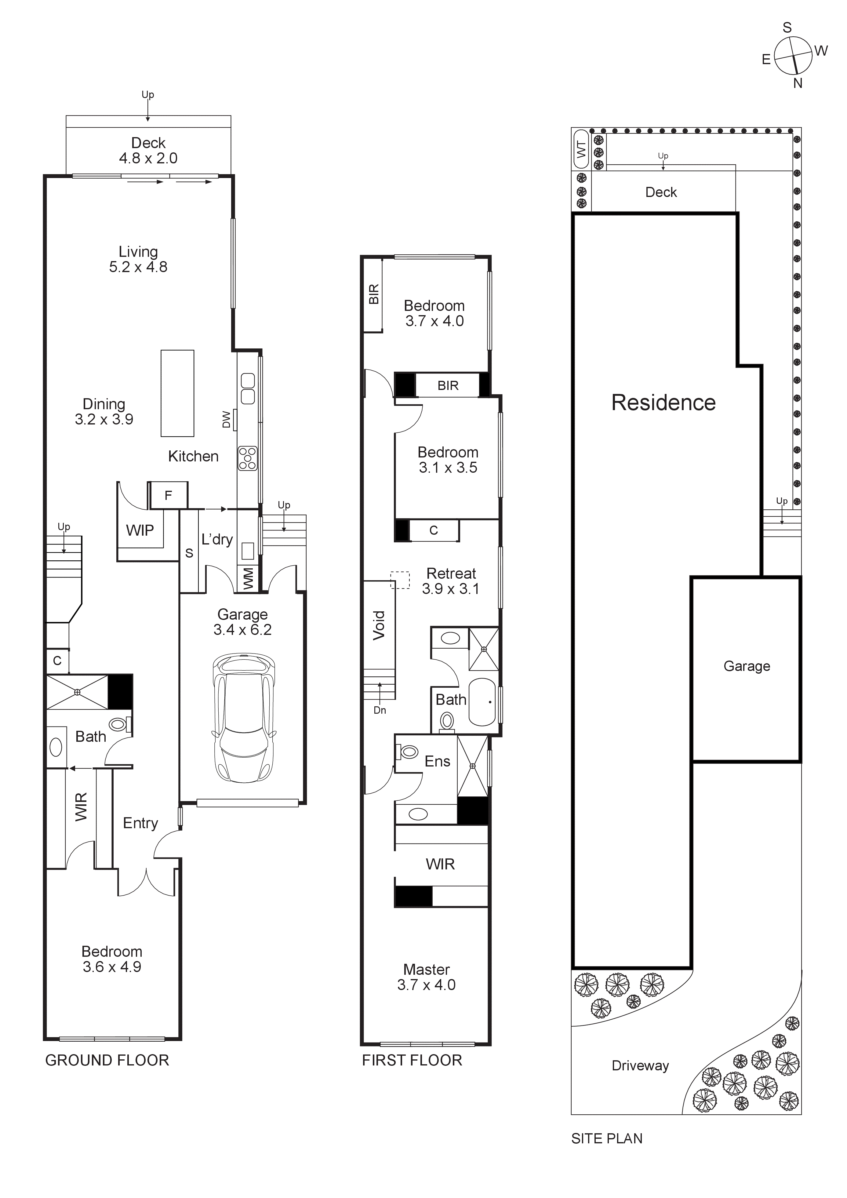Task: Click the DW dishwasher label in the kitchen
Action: point(226,420)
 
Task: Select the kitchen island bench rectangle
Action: point(177,393)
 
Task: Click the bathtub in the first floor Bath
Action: point(482,702)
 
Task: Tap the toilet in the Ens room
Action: point(408,752)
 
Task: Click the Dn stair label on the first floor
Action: point(380,710)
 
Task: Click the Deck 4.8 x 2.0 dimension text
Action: point(148,158)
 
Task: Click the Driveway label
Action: point(640,1065)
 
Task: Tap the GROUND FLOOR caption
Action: point(107,1060)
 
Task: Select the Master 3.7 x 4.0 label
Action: point(426,977)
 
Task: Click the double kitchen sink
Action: point(248,389)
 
